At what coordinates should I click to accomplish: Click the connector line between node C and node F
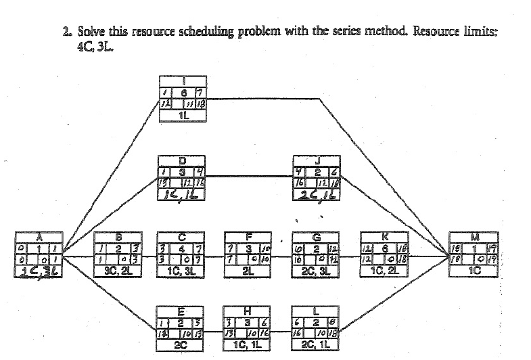click(x=216, y=256)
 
